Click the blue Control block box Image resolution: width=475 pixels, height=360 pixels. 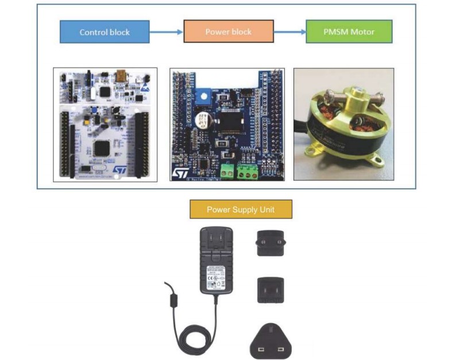[105, 32]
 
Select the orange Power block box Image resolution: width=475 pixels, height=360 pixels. [228, 32]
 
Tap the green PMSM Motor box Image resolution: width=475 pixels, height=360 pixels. [349, 32]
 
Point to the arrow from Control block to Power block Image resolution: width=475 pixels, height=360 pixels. [166, 32]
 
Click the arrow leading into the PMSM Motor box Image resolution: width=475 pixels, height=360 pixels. [289, 32]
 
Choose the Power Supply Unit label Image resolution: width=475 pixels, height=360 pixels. [241, 210]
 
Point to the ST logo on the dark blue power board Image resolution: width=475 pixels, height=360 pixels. [179, 172]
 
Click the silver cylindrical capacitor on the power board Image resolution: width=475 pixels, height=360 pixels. [203, 121]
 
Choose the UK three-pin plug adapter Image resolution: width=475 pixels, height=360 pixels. [270, 343]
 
